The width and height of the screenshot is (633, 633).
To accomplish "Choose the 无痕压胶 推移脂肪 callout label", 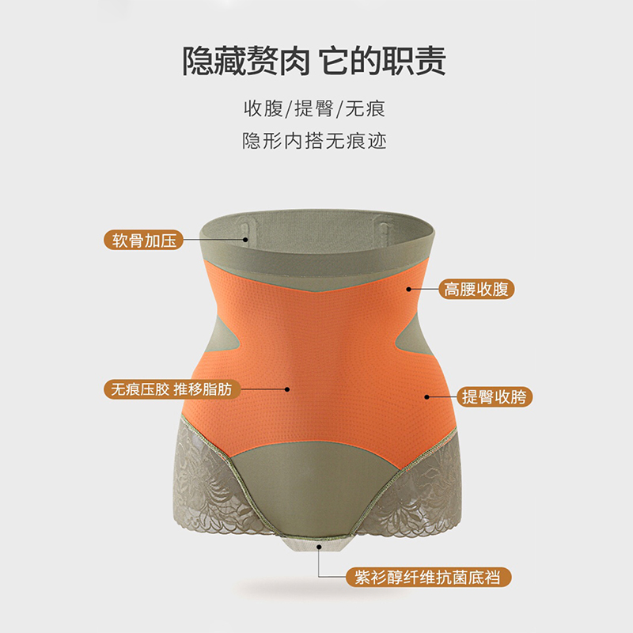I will [x=170, y=389].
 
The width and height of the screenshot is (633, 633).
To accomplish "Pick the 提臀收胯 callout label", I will [x=496, y=396].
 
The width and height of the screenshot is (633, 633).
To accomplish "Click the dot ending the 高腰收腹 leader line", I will [x=409, y=289].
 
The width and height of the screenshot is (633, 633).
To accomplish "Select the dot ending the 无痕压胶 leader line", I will [x=287, y=389].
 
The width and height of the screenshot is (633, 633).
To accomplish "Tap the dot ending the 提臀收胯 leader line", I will [x=427, y=396].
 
